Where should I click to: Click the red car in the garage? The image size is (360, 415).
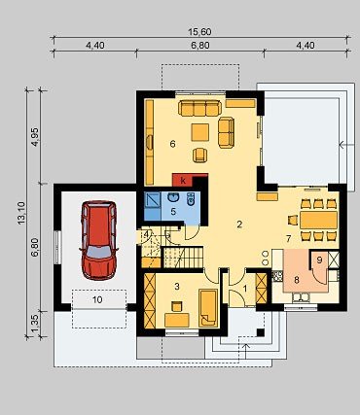[x=98, y=240]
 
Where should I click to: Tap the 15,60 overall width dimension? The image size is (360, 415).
[x=199, y=32]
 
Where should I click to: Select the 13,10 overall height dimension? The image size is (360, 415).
[x=21, y=213]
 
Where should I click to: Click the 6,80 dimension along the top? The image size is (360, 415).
[x=199, y=46]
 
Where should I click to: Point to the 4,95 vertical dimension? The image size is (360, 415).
[x=35, y=137]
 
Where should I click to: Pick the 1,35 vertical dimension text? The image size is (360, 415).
[x=35, y=324]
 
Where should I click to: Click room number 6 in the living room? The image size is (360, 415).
[x=172, y=144]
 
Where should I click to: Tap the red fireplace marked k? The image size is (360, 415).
[x=190, y=180]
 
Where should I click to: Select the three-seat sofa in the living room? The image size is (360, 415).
[x=199, y=108]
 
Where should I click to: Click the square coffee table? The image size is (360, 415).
[x=200, y=132]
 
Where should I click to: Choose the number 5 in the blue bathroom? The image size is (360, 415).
[x=173, y=212]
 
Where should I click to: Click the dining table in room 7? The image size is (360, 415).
[x=318, y=220]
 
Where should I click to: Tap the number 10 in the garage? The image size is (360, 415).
[x=97, y=299]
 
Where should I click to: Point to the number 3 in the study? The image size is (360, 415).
[x=177, y=286]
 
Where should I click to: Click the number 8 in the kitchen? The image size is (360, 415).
[x=297, y=280]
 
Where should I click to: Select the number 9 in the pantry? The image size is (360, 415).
[x=319, y=260]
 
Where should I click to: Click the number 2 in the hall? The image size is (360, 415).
[x=239, y=225]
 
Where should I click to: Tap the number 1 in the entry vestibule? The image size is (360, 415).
[x=245, y=288]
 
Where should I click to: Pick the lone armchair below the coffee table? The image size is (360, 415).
[x=199, y=155]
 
